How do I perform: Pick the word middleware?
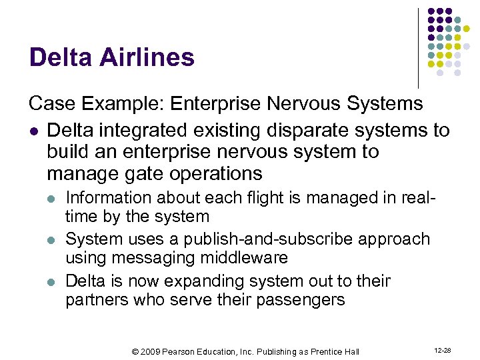coord(237,257)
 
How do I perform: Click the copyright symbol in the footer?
coord(135,351)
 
